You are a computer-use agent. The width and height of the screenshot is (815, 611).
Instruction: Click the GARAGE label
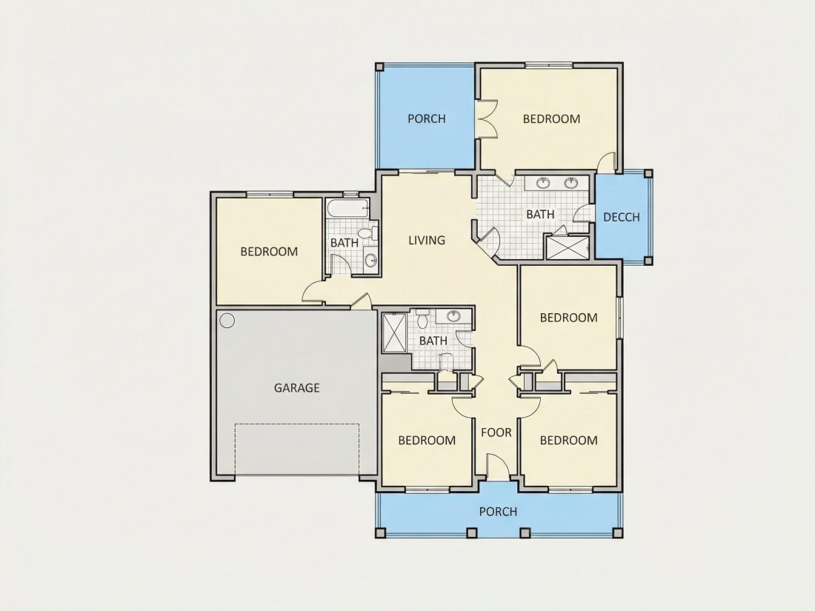pyautogui.click(x=297, y=387)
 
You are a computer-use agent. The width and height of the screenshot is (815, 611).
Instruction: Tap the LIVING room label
pyautogui.click(x=427, y=240)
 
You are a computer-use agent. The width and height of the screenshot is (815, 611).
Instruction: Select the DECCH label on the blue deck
pyautogui.click(x=622, y=217)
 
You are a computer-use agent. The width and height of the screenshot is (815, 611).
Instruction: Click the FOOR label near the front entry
pyautogui.click(x=496, y=433)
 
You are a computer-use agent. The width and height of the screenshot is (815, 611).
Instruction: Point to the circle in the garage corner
pyautogui.click(x=227, y=320)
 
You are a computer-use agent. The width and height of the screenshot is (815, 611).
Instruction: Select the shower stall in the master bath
pyautogui.click(x=567, y=247)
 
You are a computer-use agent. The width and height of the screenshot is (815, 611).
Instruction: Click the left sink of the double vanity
pyautogui.click(x=543, y=183)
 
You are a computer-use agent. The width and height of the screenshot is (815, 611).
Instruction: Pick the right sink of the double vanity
pyautogui.click(x=571, y=183)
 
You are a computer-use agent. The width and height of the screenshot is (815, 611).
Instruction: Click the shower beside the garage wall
pyautogui.click(x=394, y=333)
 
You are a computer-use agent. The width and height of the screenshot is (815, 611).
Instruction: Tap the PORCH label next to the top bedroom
pyautogui.click(x=427, y=118)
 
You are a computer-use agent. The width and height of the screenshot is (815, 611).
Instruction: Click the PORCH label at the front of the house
pyautogui.click(x=498, y=512)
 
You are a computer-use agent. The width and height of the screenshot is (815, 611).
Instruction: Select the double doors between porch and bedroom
pyautogui.click(x=487, y=119)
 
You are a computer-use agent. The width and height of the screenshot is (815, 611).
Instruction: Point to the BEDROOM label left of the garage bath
pyautogui.click(x=269, y=252)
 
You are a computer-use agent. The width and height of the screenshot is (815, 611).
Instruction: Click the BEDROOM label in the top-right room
pyautogui.click(x=551, y=118)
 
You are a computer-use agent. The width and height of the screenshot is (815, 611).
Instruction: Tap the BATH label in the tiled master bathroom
pyautogui.click(x=541, y=214)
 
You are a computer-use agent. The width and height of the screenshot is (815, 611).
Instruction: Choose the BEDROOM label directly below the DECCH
pyautogui.click(x=568, y=318)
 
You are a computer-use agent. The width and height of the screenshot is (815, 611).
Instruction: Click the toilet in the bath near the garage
pyautogui.click(x=422, y=318)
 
